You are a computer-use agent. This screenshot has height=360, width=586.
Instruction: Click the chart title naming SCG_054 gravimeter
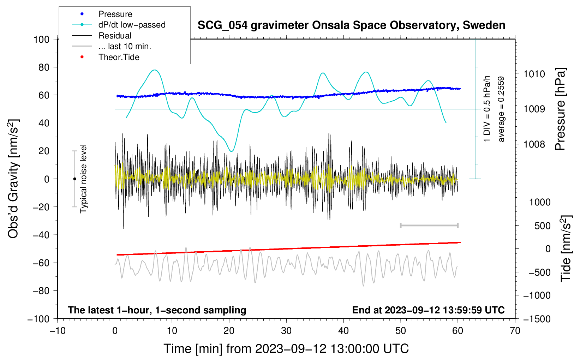351,25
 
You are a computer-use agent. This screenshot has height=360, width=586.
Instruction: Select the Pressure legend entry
102,14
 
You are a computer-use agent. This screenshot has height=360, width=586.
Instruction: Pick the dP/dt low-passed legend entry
119,25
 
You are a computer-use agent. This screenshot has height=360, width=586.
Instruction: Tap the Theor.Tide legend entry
106,57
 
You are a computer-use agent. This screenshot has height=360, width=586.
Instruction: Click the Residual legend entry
102,36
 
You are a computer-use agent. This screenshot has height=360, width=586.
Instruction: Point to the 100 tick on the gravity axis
42,40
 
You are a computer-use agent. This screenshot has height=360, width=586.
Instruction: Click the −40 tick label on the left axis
41,235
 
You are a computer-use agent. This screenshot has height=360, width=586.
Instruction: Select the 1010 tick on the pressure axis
534,74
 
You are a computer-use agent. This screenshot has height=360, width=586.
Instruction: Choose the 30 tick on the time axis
286,331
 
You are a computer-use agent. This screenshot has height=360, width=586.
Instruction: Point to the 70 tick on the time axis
515,331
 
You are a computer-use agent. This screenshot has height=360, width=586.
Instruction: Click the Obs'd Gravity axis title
13,179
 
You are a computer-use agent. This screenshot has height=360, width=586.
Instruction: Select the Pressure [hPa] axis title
560,109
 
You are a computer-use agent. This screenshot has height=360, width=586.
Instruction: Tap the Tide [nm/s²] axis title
566,248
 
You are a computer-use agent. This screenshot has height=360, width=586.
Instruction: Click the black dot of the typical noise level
74,179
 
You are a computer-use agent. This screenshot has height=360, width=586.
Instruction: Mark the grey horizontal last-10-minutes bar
429,225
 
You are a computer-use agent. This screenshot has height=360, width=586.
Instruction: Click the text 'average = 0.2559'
501,109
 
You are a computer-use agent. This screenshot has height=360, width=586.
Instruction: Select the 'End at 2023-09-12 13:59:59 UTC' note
428,310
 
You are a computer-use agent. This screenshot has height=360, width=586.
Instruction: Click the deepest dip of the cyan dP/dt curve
232,151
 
